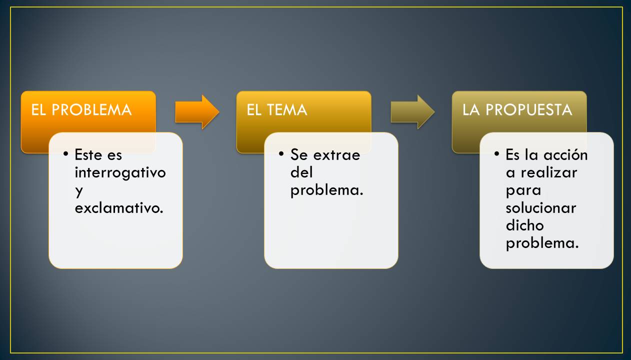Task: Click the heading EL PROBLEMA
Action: [x=81, y=110]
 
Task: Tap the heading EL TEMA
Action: [x=276, y=110]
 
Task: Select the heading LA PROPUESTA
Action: [x=517, y=110]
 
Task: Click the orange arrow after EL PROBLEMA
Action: [x=197, y=111]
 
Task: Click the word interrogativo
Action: [x=120, y=172]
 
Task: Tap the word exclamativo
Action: [x=119, y=208]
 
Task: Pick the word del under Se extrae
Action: [x=301, y=172]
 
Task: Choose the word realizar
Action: [x=548, y=172]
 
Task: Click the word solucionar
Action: [x=540, y=208]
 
